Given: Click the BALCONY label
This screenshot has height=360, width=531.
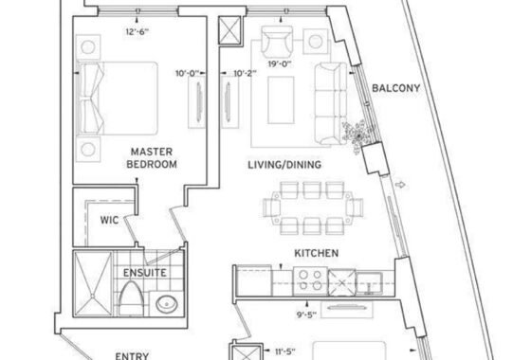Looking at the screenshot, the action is pos(396,88).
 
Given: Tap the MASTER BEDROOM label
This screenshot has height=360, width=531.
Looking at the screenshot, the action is pos(152,158).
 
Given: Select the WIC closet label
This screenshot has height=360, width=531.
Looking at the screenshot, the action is pos(109,220).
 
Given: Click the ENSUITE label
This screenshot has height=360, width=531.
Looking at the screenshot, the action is pos(144,273).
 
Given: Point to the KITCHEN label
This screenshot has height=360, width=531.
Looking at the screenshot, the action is pos(317,253).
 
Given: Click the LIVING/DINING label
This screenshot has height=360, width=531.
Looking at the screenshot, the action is pos(284,165).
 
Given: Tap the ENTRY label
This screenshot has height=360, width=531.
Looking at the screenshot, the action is pos(132,356).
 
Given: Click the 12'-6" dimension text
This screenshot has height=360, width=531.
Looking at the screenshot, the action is pos(137,32).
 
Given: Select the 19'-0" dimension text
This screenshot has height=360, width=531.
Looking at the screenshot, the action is pos(280,64).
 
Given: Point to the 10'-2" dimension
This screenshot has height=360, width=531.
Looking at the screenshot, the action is pos(245,73).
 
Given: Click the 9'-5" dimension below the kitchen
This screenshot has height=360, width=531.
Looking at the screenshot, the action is pos(306,315).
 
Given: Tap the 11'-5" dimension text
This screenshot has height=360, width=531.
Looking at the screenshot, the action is pos(284,351).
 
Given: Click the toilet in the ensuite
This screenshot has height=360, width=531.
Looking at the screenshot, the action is pos(131,299).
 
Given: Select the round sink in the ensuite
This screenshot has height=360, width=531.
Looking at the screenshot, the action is pos(167,304).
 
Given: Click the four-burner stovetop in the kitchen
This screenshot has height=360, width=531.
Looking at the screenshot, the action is pos(311,280).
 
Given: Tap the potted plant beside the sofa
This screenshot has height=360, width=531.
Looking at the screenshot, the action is pos(358,136).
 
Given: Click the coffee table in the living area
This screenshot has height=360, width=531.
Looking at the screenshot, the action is pos(281,100).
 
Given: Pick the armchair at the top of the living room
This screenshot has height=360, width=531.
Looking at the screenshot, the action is pos(277,41).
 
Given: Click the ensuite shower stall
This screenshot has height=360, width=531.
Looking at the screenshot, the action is pos(93,283).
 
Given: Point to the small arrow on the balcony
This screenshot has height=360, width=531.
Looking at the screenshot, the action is pos(400,185).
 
